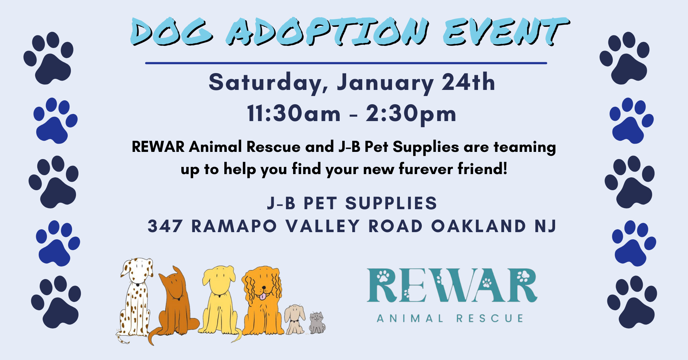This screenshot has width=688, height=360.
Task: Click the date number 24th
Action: [x=468, y=82]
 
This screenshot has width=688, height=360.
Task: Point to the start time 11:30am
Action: [x=294, y=114]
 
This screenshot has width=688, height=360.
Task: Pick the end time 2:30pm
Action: [x=411, y=114]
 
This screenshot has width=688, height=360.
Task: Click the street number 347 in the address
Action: [x=165, y=226]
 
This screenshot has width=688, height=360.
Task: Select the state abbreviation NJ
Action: [x=545, y=226]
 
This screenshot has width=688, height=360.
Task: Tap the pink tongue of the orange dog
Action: [x=263, y=296]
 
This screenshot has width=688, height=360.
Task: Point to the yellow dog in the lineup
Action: [x=219, y=301]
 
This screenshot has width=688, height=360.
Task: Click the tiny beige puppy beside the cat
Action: [x=295, y=319]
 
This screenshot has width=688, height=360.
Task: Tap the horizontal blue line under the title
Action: [x=346, y=63]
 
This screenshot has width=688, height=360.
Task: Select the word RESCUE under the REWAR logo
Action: [x=490, y=318]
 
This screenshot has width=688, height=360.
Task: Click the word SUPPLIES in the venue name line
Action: [x=391, y=203]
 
